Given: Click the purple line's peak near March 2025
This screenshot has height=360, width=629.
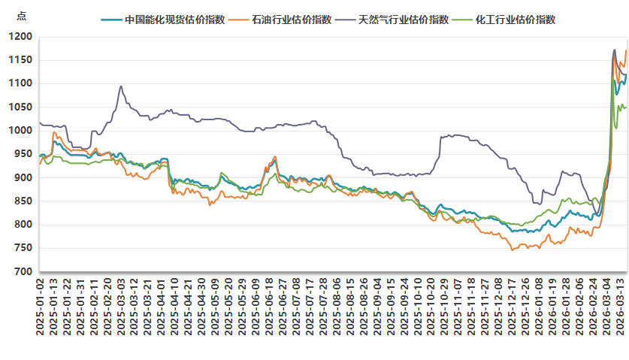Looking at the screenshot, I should [121, 86].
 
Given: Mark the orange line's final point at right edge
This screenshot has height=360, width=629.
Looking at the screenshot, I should [625, 51].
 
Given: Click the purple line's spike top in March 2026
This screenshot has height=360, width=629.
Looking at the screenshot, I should [614, 50].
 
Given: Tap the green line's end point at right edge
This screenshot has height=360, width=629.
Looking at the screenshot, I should [625, 107].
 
